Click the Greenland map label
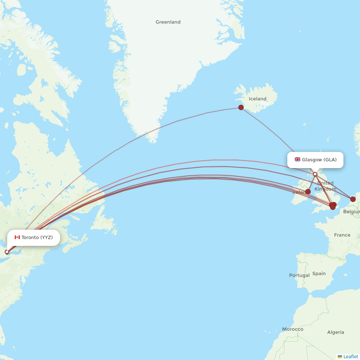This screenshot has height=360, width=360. (x=168, y=22)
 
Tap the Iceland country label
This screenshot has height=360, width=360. (x=257, y=99)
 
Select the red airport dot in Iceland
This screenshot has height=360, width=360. (x=241, y=107)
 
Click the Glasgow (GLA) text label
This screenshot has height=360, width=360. (x=319, y=159)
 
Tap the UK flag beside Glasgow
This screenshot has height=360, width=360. (x=297, y=159)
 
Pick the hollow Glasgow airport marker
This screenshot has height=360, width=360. (x=315, y=174)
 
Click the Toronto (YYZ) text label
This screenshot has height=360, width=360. (x=37, y=237)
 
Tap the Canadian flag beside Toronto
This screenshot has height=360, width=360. (x=17, y=237)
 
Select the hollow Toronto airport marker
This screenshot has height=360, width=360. (x=6, y=252)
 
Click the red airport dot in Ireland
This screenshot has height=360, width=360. (x=308, y=192)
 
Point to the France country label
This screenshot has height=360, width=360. (x=342, y=235)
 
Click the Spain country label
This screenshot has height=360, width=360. (x=319, y=274)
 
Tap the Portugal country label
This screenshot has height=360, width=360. (x=299, y=275)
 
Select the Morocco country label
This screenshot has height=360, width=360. (x=293, y=329)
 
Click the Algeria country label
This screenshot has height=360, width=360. (x=336, y=332)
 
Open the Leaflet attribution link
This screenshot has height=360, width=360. (x=351, y=356)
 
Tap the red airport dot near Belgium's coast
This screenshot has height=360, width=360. (x=353, y=199)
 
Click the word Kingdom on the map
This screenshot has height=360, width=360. (x=325, y=189)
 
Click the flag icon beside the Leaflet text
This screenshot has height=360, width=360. (x=340, y=356)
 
